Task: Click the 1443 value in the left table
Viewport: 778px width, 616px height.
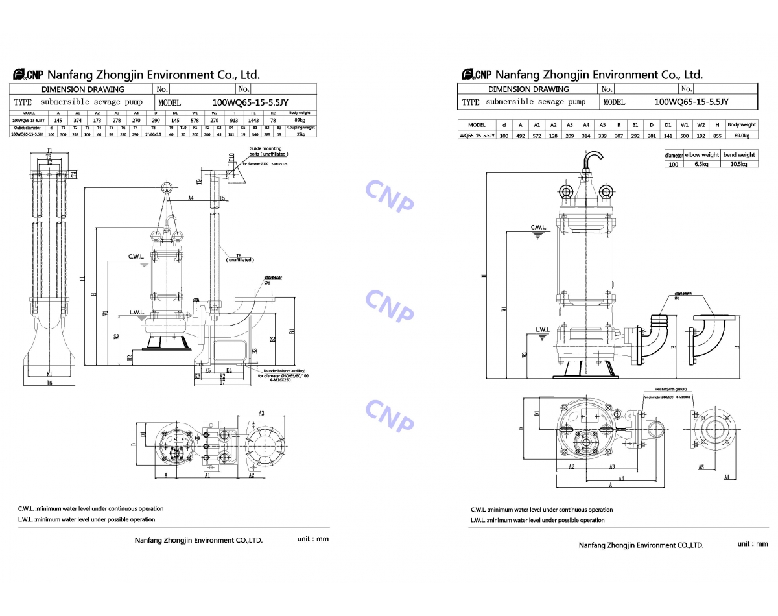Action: (x=253, y=120)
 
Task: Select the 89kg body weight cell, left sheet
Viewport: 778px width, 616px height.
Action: (x=299, y=120)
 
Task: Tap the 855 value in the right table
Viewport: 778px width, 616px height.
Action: (x=717, y=136)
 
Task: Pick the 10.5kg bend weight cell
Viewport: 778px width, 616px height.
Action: (x=739, y=165)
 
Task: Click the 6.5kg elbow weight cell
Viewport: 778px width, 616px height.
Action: (x=701, y=165)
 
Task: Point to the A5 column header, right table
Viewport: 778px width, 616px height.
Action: (x=602, y=124)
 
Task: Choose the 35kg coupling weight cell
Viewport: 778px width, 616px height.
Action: (x=299, y=134)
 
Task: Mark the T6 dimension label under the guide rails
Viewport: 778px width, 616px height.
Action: (x=49, y=383)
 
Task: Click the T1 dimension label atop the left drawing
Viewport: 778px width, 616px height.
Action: (x=49, y=151)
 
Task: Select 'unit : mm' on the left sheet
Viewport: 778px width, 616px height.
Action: (x=313, y=539)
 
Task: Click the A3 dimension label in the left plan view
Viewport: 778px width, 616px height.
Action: (x=261, y=413)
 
